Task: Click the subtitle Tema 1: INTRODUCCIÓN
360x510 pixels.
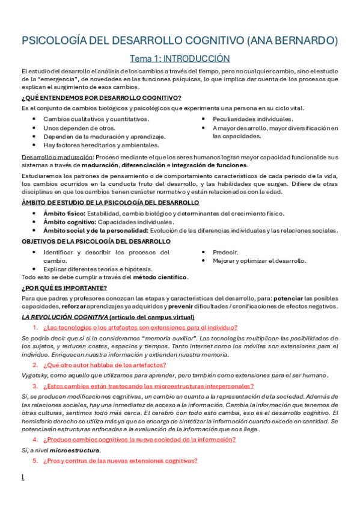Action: click(180, 58)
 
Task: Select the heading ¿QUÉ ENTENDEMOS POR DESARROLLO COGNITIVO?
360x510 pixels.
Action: click(101, 98)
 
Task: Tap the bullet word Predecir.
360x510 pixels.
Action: click(225, 252)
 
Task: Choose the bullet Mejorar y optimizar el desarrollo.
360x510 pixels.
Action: click(259, 260)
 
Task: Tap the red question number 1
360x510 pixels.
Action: click(35, 328)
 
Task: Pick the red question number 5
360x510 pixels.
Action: click(35, 461)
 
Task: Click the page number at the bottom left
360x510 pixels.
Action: click(23, 478)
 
